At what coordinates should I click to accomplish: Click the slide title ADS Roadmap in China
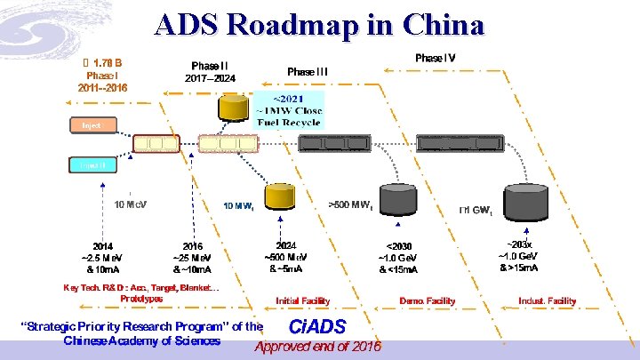[319, 24]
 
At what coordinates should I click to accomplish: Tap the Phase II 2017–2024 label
[210, 71]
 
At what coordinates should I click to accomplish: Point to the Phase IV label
[435, 57]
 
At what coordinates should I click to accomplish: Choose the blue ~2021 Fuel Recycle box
[291, 109]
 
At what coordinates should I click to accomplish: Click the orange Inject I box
[92, 126]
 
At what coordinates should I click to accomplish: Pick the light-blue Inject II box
[92, 165]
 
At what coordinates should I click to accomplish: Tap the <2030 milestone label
[398, 245]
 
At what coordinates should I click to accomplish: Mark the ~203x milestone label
[520, 244]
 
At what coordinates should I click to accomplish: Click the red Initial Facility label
[302, 301]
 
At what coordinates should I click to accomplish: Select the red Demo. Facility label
[427, 301]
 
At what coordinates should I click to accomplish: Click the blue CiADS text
[317, 326]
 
